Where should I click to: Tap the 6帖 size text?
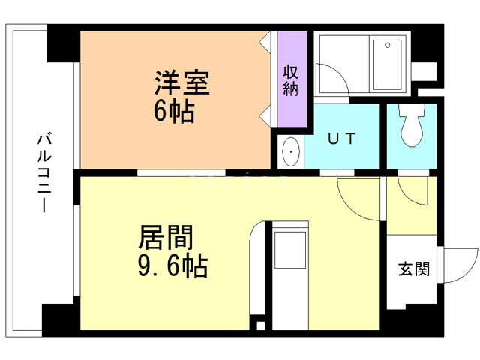[174, 112]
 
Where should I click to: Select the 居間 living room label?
[166, 238]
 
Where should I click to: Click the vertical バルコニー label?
[43, 172]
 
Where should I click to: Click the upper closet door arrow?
[265, 42]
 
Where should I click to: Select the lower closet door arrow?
[265, 115]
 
